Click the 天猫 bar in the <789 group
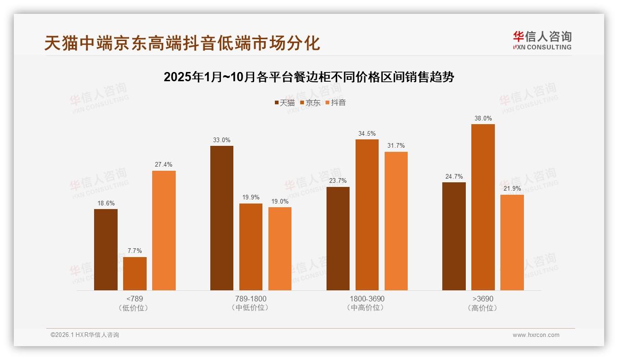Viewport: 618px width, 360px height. (106, 250)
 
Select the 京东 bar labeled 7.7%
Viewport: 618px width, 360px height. (135, 274)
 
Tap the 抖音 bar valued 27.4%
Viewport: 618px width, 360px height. (164, 230)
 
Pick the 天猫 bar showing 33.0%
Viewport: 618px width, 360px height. (222, 218)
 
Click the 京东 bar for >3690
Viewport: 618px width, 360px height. (483, 207)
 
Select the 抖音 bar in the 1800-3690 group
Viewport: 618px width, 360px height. (396, 221)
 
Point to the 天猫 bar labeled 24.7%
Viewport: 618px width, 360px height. (454, 236)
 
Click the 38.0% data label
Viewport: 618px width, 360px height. (483, 119)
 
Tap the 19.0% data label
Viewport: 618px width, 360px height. (280, 202)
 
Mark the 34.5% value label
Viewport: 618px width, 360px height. (367, 134)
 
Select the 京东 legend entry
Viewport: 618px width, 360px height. (310, 102)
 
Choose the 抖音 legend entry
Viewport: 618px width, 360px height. (335, 102)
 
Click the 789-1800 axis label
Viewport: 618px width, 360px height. (250, 299)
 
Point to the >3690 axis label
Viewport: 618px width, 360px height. (483, 299)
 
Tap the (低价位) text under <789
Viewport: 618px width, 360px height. (135, 308)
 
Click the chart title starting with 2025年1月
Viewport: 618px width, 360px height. (309, 77)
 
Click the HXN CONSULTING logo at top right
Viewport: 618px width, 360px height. (542, 40)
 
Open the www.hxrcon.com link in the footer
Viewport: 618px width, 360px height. (536, 335)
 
